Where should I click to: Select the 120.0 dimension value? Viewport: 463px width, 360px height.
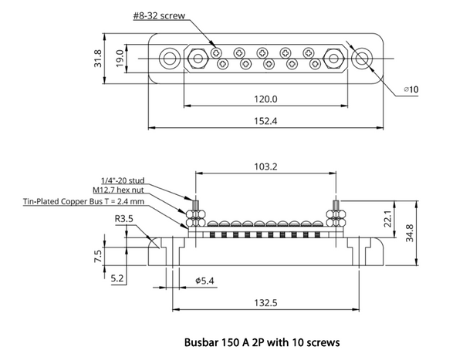pos(265,99)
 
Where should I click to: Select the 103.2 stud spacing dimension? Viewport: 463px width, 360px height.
pos(265,165)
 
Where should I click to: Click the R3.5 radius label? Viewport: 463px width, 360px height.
pos(126,219)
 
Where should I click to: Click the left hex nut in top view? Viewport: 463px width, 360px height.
pos(197,57)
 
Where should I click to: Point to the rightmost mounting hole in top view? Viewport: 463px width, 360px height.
pos(361,57)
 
